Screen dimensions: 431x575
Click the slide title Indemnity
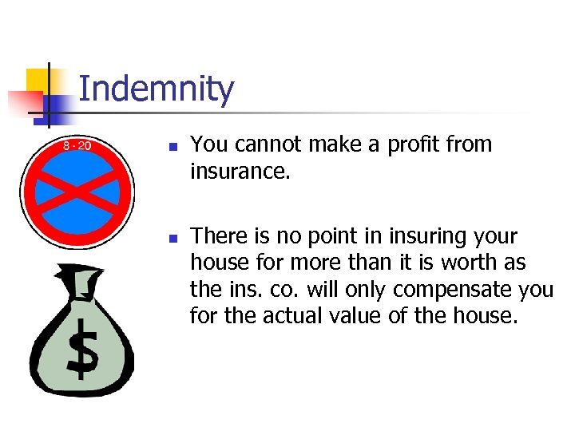point(157,89)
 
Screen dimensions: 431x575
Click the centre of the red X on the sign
point(77,192)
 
